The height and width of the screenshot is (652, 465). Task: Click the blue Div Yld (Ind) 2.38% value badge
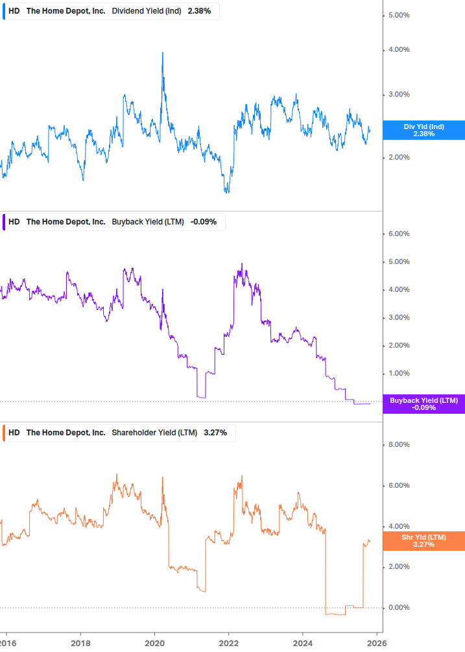[424, 130]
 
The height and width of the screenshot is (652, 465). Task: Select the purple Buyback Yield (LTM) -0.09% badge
[424, 404]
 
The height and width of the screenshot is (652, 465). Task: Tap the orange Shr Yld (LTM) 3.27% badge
[424, 540]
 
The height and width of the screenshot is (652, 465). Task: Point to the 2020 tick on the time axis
[154, 642]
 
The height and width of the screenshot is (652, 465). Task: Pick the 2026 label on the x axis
[377, 642]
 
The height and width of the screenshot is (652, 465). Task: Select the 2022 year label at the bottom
[228, 642]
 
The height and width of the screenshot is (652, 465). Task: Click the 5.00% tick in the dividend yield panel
[398, 15]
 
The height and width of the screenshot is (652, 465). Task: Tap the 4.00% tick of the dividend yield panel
[398, 50]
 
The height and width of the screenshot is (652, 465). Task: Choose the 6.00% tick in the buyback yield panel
[398, 234]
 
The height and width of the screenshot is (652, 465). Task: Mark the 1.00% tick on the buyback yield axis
[398, 374]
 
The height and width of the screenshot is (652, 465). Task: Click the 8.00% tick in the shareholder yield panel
[398, 445]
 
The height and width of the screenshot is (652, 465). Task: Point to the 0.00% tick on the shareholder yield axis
[398, 608]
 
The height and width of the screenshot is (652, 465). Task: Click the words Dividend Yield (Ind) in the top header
[147, 12]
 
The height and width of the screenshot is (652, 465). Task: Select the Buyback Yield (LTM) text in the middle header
[148, 222]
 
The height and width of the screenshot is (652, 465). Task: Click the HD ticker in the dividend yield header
[14, 12]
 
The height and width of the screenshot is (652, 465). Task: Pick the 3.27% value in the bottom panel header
[215, 433]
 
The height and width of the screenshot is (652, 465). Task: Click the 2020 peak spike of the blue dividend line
[162, 53]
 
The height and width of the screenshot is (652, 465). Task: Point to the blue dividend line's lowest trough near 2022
[226, 192]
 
